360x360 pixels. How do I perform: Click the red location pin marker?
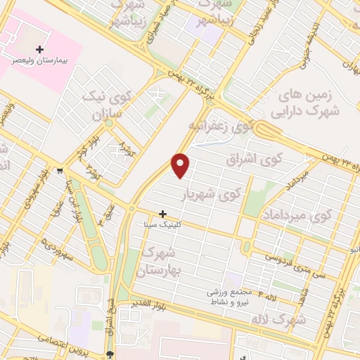click(x=181, y=165)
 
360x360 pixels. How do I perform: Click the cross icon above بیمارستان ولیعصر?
click(x=39, y=49)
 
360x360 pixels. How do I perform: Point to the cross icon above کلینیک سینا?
click(x=163, y=213)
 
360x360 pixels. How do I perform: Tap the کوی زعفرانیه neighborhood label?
click(x=220, y=125)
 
